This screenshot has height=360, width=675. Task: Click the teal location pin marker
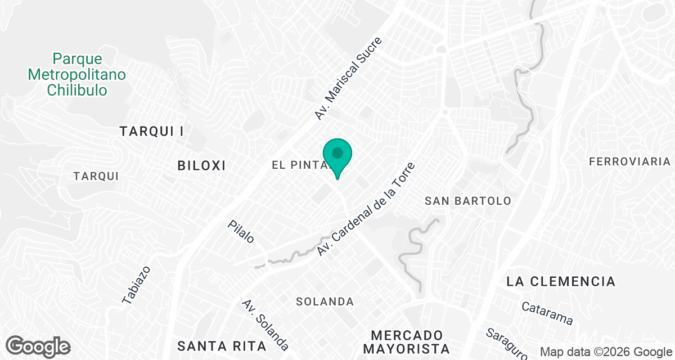pyautogui.click(x=337, y=155)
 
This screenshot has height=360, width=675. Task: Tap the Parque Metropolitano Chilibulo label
pyautogui.click(x=77, y=74)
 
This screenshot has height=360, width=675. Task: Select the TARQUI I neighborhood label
pyautogui.click(x=152, y=132)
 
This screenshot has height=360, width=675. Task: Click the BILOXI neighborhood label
pyautogui.click(x=201, y=165)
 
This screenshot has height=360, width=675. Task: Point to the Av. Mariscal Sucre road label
pyautogui.click(x=348, y=79)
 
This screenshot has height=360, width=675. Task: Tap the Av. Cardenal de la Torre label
pyautogui.click(x=366, y=209)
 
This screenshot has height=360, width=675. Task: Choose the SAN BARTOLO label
pyautogui.click(x=468, y=201)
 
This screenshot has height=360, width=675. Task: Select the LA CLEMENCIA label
pyautogui.click(x=561, y=281)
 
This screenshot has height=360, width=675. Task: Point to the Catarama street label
pyautogui.click(x=547, y=314)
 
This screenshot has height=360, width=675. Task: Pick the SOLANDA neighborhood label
pyautogui.click(x=325, y=302)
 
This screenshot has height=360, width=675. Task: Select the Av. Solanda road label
pyautogui.click(x=265, y=325)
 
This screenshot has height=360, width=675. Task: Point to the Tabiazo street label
pyautogui.click(x=136, y=285)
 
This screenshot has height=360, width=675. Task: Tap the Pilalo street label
pyautogui.click(x=241, y=231)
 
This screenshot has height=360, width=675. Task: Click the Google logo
pyautogui.click(x=38, y=346)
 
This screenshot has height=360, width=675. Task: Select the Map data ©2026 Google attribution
pyautogui.click(x=606, y=352)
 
